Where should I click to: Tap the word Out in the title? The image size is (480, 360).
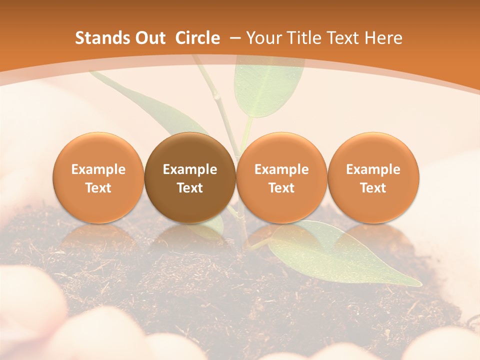149,38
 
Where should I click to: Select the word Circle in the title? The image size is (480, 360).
197,38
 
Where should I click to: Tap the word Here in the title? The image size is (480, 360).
383,38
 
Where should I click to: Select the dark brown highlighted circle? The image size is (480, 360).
190,177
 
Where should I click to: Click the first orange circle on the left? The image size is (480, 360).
98,177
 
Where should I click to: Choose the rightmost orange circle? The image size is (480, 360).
373,177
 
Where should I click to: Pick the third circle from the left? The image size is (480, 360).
281,177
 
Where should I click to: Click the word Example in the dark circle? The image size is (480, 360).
190,169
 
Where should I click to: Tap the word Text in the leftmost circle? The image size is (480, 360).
98,188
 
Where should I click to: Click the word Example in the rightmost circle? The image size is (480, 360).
373,169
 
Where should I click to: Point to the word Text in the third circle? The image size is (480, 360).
281,188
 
